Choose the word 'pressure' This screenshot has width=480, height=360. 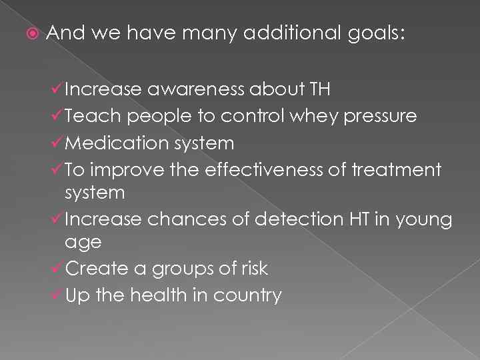pyautogui.click(x=381, y=117)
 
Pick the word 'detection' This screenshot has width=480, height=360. pyautogui.click(x=299, y=219)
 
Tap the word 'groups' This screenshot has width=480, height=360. pyautogui.click(x=185, y=269)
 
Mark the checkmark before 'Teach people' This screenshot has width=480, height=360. pyautogui.click(x=58, y=116)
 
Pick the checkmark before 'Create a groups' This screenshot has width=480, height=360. pyautogui.click(x=58, y=268)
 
